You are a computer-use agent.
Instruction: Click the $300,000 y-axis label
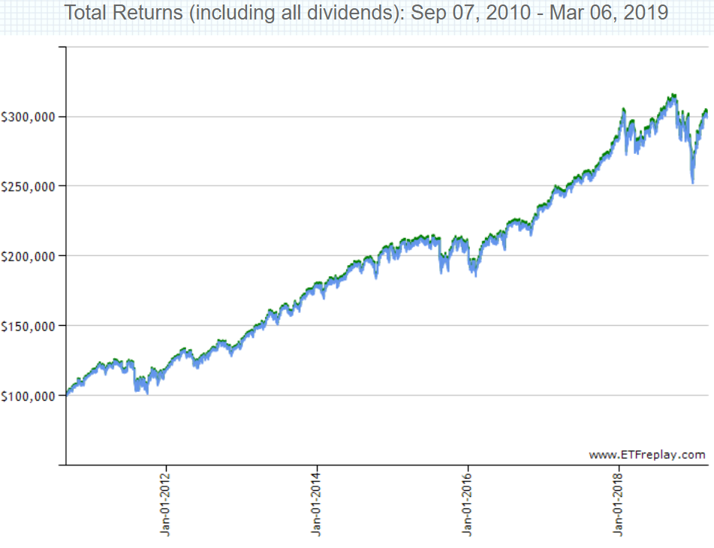[x=30, y=117]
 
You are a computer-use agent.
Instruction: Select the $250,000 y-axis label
[x=30, y=186]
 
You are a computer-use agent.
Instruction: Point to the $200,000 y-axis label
[x=30, y=256]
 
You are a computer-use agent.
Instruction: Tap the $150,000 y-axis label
[x=30, y=326]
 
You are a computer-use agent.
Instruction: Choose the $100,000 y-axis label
[x=30, y=396]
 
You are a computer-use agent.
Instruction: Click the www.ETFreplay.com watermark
[x=647, y=454]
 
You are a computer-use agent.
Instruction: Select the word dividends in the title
[x=354, y=14]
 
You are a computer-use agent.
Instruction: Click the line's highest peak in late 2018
[x=673, y=95]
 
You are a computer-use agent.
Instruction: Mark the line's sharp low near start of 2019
[x=692, y=182]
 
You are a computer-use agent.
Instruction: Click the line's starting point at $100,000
[x=67, y=393]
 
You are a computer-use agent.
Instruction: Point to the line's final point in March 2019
[x=706, y=113]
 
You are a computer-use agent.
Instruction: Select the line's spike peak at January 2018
[x=624, y=110]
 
